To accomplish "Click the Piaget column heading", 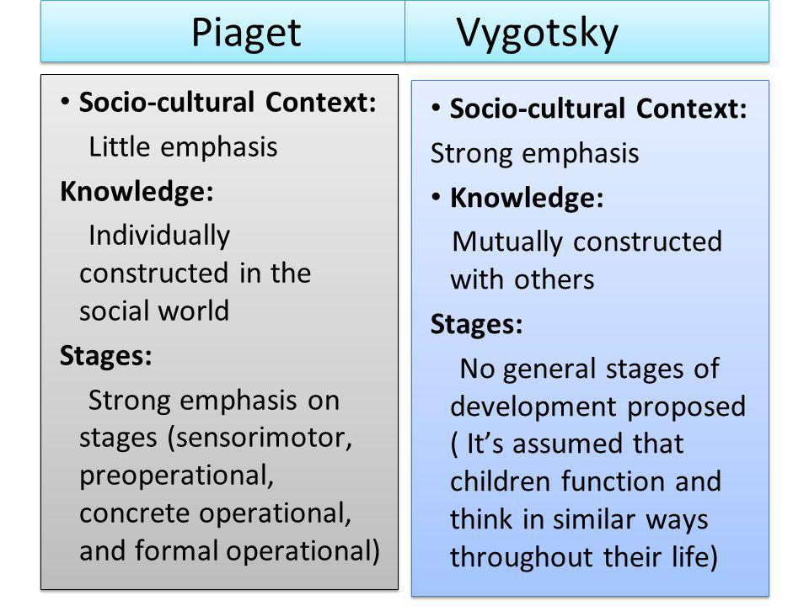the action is click(x=246, y=34).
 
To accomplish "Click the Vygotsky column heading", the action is click(x=537, y=34).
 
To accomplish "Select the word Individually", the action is click(x=159, y=236).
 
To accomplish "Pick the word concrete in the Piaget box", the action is click(x=135, y=513).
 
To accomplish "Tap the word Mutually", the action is click(x=507, y=242).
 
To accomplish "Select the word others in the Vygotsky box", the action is click(x=555, y=279).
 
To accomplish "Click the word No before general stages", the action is click(x=477, y=369).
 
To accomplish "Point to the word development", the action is click(x=533, y=407).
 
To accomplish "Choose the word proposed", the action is click(x=687, y=407).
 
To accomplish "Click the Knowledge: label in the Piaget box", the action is click(x=137, y=192).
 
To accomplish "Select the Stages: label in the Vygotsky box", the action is click(x=477, y=325).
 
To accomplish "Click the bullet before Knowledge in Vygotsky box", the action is click(x=436, y=197).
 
